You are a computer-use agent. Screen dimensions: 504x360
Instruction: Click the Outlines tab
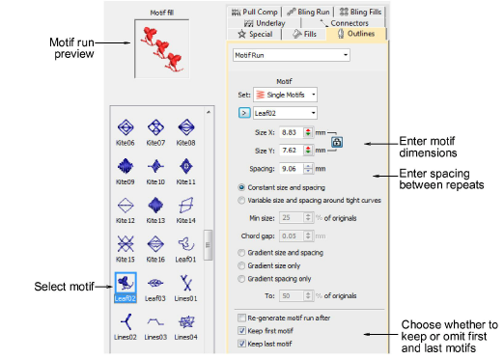tap(356, 34)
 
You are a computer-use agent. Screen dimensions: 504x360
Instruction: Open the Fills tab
tap(304, 34)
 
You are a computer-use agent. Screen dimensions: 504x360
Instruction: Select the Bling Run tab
tap(308, 13)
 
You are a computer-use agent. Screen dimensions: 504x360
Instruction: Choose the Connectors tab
tap(344, 23)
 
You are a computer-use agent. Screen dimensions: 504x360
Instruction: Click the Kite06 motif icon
tap(126, 127)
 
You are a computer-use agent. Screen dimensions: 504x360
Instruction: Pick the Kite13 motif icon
tap(155, 206)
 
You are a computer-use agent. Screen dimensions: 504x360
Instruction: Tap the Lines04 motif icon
tap(186, 322)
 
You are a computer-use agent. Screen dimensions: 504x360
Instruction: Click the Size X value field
tap(292, 132)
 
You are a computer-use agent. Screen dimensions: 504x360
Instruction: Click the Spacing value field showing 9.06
tap(292, 169)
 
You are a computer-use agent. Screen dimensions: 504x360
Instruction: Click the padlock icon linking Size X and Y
tap(337, 142)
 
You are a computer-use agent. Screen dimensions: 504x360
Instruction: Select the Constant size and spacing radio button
tap(241, 187)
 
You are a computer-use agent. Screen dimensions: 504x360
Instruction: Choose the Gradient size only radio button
tap(241, 265)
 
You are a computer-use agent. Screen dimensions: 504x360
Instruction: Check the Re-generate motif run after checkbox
tap(241, 318)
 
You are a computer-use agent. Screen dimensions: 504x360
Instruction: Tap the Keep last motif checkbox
tap(241, 344)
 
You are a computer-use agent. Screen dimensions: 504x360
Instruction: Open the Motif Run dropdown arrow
tap(346, 55)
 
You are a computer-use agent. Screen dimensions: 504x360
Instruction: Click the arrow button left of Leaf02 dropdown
tap(244, 113)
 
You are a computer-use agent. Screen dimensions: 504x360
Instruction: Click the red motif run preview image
tap(162, 49)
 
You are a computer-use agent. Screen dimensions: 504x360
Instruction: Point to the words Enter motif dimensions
tap(428, 147)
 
